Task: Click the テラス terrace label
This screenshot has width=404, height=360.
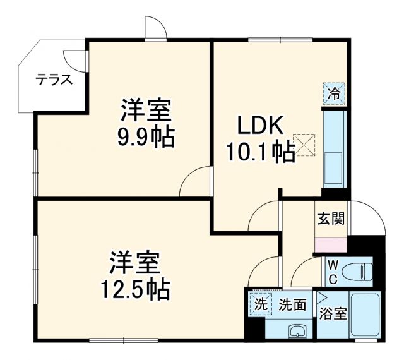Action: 53,80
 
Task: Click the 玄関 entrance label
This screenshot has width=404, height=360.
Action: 331,220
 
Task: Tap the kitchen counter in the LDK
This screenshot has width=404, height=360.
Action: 333,148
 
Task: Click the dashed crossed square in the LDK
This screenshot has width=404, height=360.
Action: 304,145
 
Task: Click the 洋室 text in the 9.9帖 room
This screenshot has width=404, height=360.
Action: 146,112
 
